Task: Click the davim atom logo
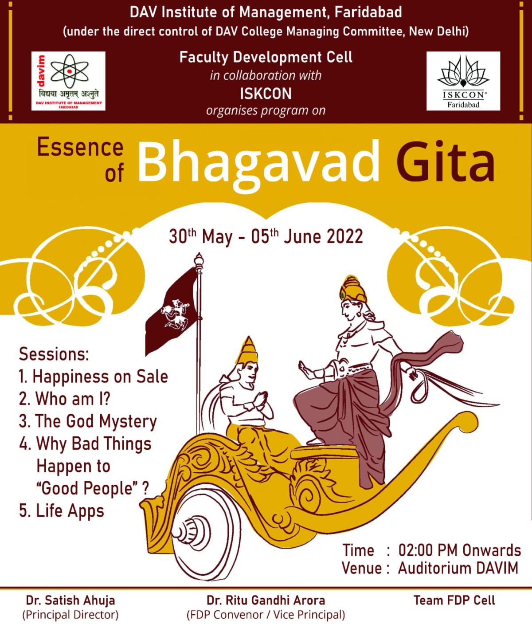click(68, 81)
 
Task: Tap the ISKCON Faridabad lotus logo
click(463, 81)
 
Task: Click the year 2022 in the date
click(344, 237)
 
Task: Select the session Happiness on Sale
click(93, 377)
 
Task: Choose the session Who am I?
click(65, 399)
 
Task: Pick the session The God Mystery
click(88, 422)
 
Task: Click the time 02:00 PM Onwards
click(460, 550)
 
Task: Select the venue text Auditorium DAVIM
click(458, 568)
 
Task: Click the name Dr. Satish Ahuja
click(70, 600)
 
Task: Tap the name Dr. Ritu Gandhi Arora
click(266, 600)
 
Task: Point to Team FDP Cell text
click(454, 600)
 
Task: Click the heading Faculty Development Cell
click(266, 57)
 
